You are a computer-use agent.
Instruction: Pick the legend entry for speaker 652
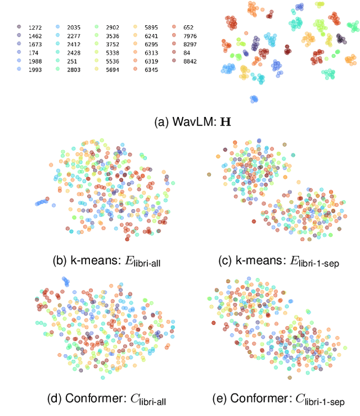click(x=188, y=27)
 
